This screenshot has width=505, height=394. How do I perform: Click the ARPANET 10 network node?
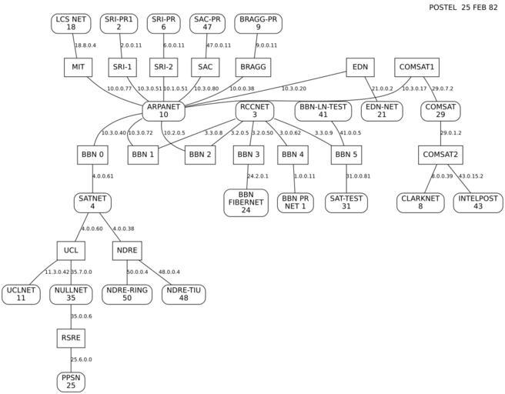[163, 111]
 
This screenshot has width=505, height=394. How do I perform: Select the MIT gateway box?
[79, 67]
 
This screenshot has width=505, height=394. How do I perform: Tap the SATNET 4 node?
[92, 202]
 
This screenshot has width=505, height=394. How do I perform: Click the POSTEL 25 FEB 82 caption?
[462, 7]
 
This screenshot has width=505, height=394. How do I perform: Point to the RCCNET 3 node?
[254, 111]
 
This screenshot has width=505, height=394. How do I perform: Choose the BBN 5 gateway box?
[346, 154]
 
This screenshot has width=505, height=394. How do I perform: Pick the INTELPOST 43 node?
[477, 202]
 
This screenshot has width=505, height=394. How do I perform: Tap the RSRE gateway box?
[70, 338]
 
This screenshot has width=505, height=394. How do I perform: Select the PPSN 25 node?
[70, 381]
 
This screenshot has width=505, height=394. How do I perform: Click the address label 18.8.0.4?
[85, 45]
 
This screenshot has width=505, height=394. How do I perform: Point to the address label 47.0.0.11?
[218, 45]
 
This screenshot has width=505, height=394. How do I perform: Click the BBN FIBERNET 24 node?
[246, 202]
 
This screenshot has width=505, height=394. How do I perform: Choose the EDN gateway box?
[360, 67]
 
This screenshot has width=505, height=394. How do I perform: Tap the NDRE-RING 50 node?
[126, 294]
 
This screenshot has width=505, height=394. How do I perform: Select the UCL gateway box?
[70, 251]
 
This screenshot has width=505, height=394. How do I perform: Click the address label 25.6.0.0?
[81, 359]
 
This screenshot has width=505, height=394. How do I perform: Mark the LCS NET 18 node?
[71, 23]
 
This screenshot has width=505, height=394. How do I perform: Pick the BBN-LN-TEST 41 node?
[323, 111]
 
